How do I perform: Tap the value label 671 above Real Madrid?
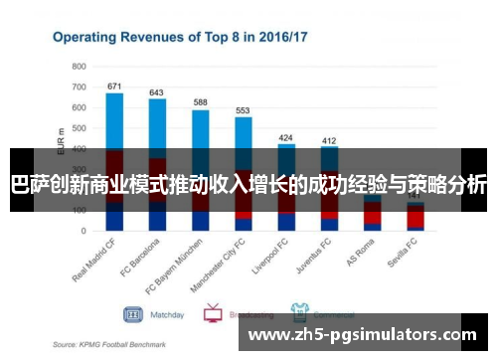[x=114, y=86]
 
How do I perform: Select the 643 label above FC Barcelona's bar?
[x=157, y=92]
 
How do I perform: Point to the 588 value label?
[x=200, y=102]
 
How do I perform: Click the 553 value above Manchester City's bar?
[x=243, y=110]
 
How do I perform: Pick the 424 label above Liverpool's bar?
[x=286, y=137]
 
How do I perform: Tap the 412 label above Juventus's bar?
[x=329, y=141]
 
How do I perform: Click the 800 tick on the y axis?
[x=79, y=66]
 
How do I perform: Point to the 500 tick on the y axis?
[x=79, y=128]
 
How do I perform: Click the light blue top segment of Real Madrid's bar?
[x=114, y=119]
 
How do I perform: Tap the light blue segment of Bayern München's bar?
[x=200, y=129]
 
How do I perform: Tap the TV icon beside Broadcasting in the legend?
[x=212, y=314]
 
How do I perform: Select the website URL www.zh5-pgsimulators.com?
[x=362, y=335]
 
